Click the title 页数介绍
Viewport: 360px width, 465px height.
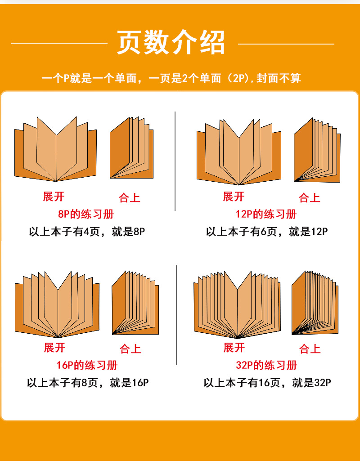click(x=171, y=43)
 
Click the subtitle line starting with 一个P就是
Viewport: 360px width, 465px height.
click(x=171, y=78)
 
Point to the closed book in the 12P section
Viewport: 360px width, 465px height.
click(x=317, y=151)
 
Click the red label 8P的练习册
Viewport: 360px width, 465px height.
click(x=86, y=214)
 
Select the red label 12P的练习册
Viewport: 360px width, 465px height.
click(x=266, y=214)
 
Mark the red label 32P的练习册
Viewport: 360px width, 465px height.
click(x=266, y=365)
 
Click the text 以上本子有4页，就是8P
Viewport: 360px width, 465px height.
click(x=87, y=232)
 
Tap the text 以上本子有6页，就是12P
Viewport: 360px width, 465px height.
click(x=267, y=232)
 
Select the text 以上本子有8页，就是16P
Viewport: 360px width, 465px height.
click(x=87, y=383)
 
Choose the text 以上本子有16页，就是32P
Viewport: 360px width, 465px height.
click(x=267, y=383)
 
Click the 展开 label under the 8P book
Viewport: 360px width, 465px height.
click(x=54, y=197)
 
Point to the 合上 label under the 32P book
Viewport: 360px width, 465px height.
click(x=310, y=349)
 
